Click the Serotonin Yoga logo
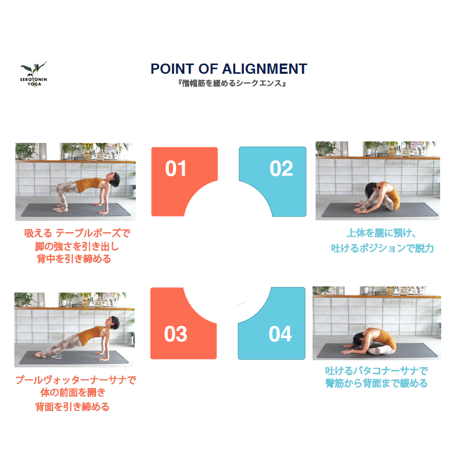point(33,74)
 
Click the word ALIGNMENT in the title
point(265,69)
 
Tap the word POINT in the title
point(172,69)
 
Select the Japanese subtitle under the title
point(232,84)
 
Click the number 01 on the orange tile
point(175,169)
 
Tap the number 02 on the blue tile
point(281,169)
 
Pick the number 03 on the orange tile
point(175,334)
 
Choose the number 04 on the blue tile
point(280,334)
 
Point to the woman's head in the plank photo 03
point(113,323)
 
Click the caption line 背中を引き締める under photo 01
point(74,259)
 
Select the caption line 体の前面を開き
point(73,392)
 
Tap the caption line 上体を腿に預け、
point(382,233)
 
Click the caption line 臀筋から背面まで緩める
point(376,383)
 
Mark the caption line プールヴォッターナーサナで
point(76,380)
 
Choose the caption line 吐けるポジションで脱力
point(382,248)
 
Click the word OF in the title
point(208,69)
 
